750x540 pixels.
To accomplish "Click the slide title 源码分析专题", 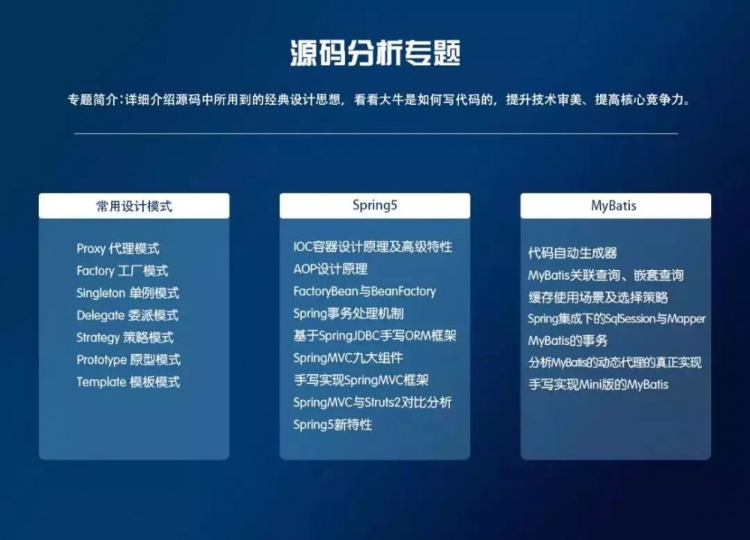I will (375, 54).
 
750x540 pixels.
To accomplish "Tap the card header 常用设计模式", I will (134, 205).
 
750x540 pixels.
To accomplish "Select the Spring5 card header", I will (374, 205).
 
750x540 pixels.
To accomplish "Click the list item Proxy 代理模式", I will (118, 248).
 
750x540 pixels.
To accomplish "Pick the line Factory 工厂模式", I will (122, 271).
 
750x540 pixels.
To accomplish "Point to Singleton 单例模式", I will (127, 293).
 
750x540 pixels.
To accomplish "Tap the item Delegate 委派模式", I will (127, 315).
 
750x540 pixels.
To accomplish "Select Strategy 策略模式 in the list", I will (124, 337).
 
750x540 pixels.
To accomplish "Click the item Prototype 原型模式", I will (128, 360).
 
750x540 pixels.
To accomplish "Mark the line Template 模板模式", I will (128, 382).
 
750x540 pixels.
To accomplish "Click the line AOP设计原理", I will (330, 268).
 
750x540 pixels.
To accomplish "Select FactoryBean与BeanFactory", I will (364, 291).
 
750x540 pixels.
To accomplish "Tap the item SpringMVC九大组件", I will (348, 358).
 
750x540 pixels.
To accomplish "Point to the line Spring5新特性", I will (332, 424).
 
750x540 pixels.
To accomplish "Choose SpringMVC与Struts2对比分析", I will (373, 403).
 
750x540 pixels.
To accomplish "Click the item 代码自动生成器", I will (572, 253).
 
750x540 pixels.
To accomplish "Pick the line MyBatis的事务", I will (568, 340).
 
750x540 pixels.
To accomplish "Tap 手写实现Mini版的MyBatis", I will (598, 385).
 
